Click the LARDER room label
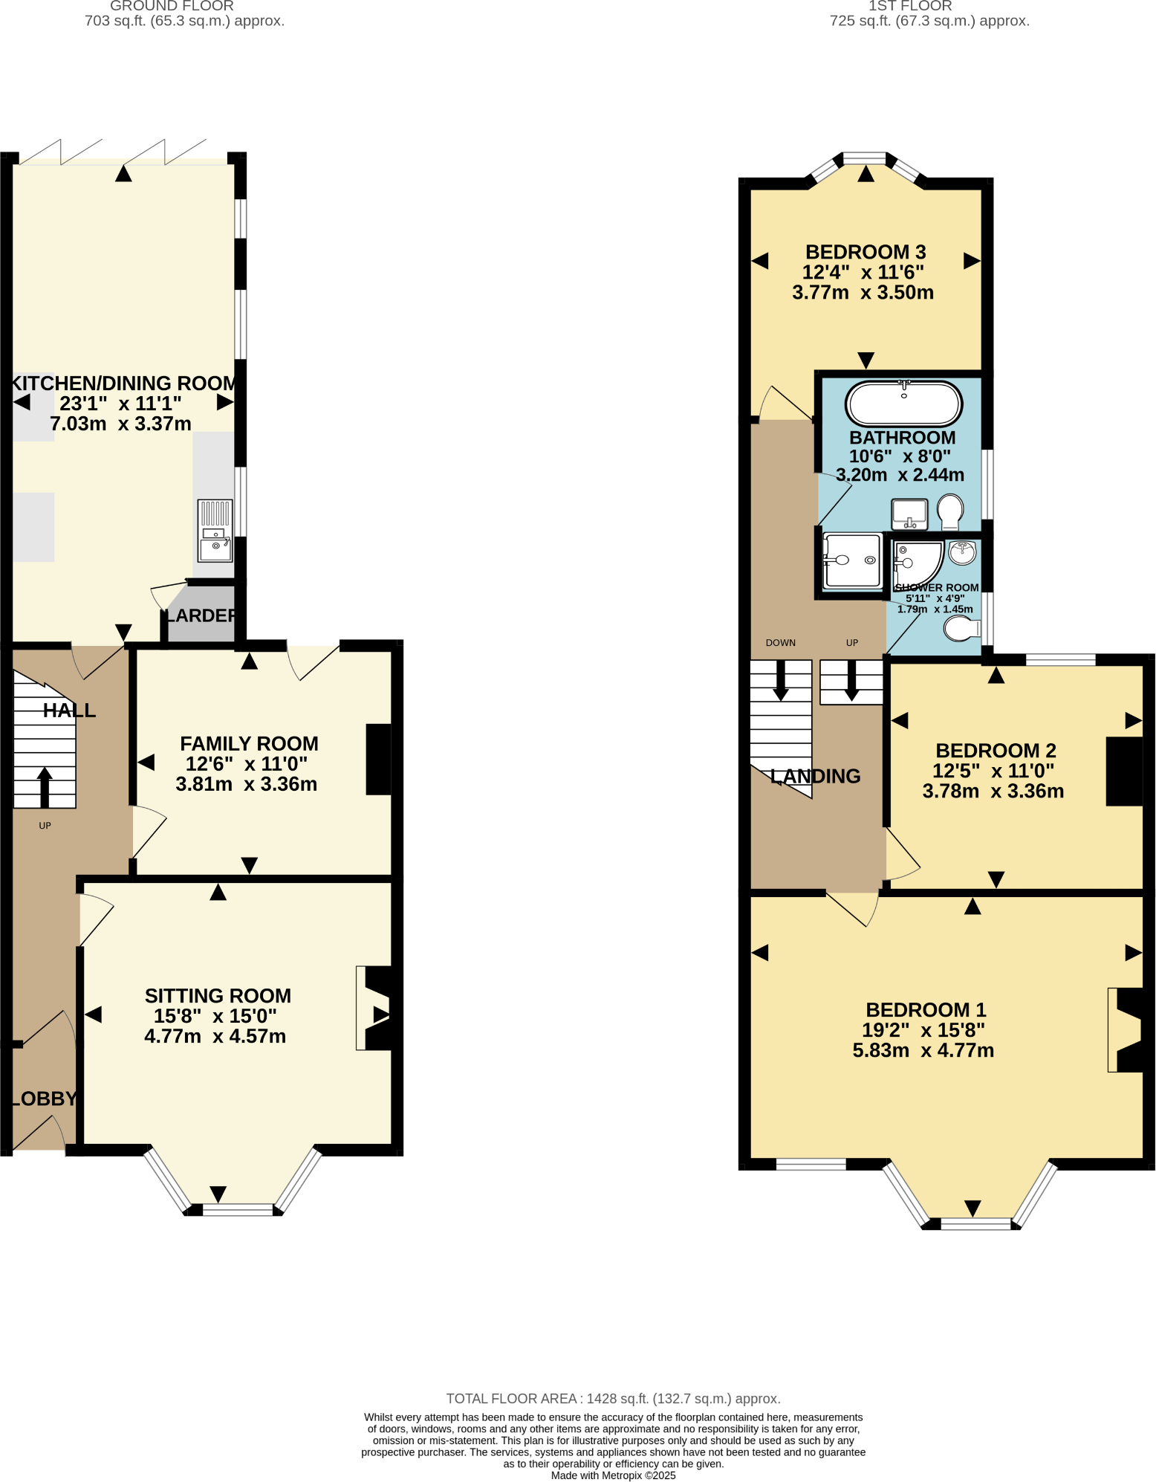click(201, 615)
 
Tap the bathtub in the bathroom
click(903, 404)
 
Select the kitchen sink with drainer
click(215, 531)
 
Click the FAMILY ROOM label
click(249, 744)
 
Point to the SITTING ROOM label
click(218, 996)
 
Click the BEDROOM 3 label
click(866, 253)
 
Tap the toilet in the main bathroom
click(949, 511)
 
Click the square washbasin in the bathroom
click(909, 514)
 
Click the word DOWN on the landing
click(780, 643)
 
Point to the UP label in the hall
click(45, 826)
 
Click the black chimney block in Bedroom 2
click(1124, 771)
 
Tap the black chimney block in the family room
click(379, 760)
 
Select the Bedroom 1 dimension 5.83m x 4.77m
click(923, 1050)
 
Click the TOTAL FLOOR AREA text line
click(613, 1399)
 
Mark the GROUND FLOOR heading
click(172, 6)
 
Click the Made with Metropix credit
click(613, 1475)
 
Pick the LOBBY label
click(45, 1098)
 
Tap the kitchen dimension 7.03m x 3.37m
click(120, 424)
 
